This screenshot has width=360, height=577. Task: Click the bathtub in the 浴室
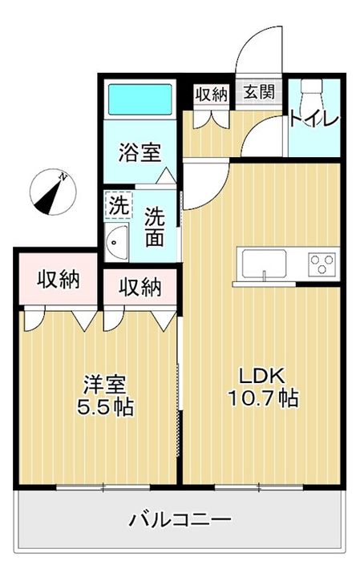click(x=140, y=99)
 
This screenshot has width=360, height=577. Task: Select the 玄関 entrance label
click(x=259, y=91)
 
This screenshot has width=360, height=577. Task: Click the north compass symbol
click(x=53, y=192)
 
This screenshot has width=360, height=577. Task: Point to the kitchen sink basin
click(x=264, y=264)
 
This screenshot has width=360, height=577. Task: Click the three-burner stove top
click(x=322, y=264)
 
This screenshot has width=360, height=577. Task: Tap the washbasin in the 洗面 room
click(x=117, y=242)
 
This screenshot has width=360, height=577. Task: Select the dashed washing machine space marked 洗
click(x=119, y=206)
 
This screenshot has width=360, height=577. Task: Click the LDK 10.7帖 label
click(x=263, y=387)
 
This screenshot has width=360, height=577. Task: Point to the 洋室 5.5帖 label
click(x=105, y=396)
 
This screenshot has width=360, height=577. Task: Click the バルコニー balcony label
click(x=180, y=520)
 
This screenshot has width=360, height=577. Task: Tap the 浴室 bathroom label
click(x=140, y=153)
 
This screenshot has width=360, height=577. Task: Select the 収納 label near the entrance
click(x=212, y=95)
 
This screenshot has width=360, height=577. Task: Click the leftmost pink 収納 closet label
click(x=59, y=280)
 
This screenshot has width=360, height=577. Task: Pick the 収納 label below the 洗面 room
click(x=140, y=288)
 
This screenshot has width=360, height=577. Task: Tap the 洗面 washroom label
click(x=154, y=227)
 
